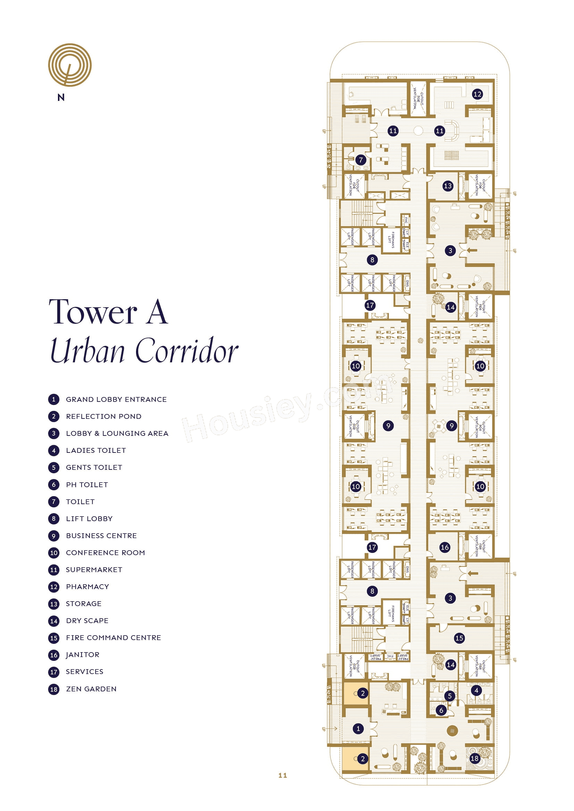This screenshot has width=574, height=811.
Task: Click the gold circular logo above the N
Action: [70, 64]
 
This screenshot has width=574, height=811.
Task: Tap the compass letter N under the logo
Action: [61, 97]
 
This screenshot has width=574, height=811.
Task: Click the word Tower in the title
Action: [93, 312]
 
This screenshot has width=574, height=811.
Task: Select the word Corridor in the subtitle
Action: [187, 351]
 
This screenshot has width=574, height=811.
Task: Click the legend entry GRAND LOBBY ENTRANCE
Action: [116, 399]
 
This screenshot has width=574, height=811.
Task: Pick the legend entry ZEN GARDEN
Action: [91, 689]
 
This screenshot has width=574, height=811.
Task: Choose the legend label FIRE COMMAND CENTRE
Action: [113, 638]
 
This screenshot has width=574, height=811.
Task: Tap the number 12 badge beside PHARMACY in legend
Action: [54, 587]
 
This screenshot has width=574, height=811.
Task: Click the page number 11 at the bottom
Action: [282, 775]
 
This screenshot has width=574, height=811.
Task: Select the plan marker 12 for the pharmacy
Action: [477, 94]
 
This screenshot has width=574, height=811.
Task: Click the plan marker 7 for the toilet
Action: [361, 159]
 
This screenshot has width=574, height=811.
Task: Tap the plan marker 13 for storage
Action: [447, 186]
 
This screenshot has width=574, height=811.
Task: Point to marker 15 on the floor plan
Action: [459, 638]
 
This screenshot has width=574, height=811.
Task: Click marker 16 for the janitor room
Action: [445, 547]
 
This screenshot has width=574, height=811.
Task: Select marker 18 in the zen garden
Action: [474, 758]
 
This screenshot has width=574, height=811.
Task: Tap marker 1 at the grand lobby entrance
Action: [358, 728]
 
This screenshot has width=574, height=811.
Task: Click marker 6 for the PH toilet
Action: [441, 710]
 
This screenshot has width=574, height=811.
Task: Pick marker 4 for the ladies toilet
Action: [476, 690]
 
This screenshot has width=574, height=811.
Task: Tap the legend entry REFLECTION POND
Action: [103, 416]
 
